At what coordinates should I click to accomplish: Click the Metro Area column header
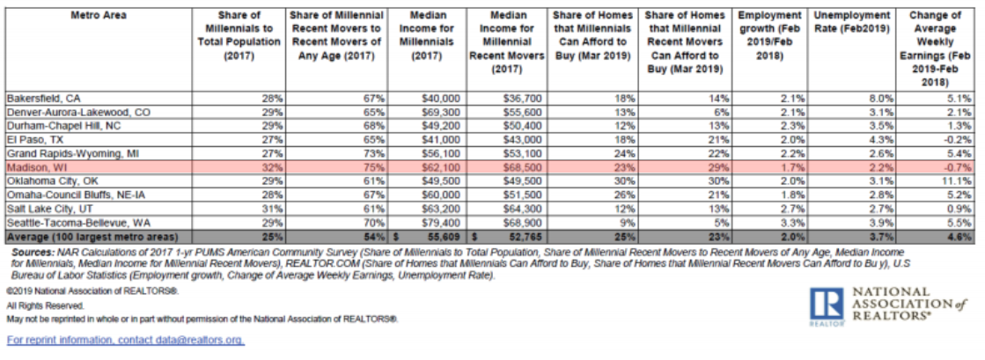pos(99,15)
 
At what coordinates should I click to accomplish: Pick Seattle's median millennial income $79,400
pos(444,223)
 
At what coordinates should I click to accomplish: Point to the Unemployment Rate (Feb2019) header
pos(851,21)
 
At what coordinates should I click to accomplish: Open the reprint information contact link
pos(125,341)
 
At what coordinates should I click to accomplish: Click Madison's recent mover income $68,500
pos(525,168)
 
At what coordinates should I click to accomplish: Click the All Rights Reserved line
pos(45,305)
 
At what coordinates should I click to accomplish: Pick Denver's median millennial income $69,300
pos(444,113)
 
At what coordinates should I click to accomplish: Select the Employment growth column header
pos(771,35)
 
